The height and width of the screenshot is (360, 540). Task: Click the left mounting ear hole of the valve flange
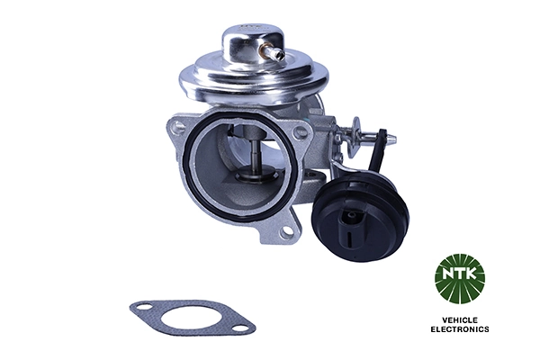click(179, 129)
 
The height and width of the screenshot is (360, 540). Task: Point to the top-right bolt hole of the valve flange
click(301, 132)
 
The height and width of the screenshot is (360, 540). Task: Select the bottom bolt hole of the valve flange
click(287, 231)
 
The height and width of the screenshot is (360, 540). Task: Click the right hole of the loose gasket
click(239, 327)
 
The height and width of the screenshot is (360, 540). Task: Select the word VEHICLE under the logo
click(459, 319)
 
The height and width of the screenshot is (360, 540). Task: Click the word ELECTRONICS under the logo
click(459, 330)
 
